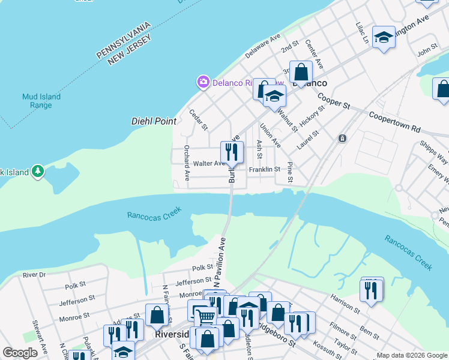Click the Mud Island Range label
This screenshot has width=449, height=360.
pos(37,100)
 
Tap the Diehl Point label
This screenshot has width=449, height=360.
pos(154,121)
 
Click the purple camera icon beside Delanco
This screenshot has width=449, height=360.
pos(203,82)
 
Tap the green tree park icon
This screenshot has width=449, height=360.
pos(38,172)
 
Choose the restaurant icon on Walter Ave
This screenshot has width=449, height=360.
pos(231,151)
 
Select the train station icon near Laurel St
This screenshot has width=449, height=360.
pos(342,138)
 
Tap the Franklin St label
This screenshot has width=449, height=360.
pos(264,170)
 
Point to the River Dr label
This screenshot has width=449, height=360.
pos(34,275)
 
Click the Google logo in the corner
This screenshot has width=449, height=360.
pos(19,353)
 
